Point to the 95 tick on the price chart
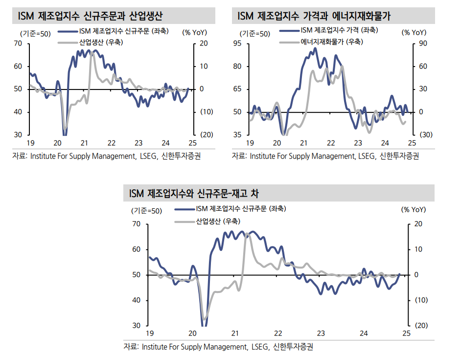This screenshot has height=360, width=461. coord(238,44)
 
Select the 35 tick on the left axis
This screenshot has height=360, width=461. coord(238,135)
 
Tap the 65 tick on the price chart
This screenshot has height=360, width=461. coord(238,89)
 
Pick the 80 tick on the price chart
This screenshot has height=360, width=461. coord(238,67)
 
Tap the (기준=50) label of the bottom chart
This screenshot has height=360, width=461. coord(146,211)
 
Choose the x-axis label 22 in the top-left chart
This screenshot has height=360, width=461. coord(111,143)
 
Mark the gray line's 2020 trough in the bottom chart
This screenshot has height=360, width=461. coord(205,319)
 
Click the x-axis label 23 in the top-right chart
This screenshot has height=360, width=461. coord(358,143)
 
